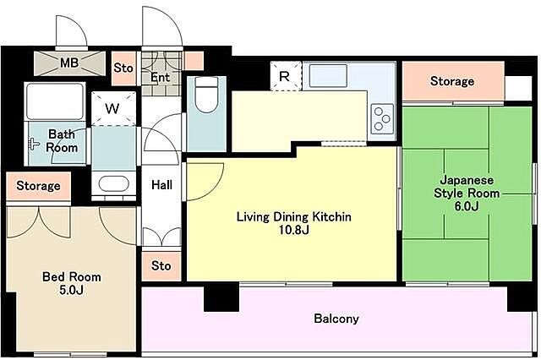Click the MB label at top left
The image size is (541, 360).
pos(69,63)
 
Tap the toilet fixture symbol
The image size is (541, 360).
pos(206,92)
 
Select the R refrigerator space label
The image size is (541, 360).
pos(284,76)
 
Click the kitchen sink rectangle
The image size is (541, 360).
pos(328,75)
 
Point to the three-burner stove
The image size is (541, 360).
pos(382,119)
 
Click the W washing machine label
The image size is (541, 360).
pos(112,109)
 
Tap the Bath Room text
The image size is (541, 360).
pos(62,140)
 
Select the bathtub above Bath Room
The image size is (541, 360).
pos(55,101)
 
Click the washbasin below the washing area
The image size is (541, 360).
pos(113,183)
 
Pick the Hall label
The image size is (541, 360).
pos(161,185)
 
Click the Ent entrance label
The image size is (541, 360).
pos(160,77)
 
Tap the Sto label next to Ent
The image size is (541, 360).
pos(123,68)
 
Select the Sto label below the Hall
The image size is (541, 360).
pos(161,265)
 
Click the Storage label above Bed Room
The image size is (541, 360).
pos(38,186)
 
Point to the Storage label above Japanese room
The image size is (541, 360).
pos(452,81)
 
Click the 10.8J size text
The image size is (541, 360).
pos(293,230)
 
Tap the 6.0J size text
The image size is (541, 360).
pos(467,206)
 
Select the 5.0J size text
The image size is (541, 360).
pos(71,290)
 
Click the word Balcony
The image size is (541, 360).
pos(336,319)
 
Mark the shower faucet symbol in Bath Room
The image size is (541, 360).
pos(34,144)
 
